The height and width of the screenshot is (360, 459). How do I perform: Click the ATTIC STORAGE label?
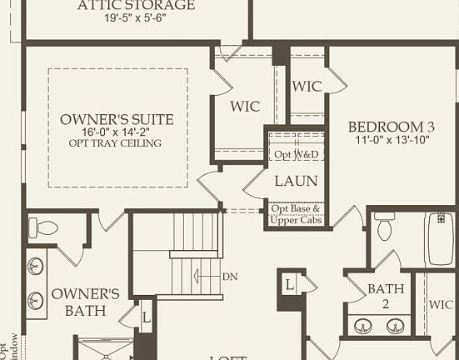click(136, 6)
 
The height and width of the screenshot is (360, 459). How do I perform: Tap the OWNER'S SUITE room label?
click(117, 119)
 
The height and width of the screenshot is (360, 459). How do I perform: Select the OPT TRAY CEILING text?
click(115, 143)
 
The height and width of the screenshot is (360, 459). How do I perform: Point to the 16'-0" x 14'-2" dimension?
click(117, 132)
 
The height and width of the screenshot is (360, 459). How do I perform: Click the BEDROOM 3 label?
click(392, 127)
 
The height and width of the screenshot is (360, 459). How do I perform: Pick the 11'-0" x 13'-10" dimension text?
click(392, 140)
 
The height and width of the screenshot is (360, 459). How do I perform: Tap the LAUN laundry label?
click(295, 180)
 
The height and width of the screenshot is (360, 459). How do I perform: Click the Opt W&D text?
click(296, 155)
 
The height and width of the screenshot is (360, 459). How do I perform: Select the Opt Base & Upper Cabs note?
click(296, 214)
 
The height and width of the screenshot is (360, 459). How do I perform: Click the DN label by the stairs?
click(231, 276)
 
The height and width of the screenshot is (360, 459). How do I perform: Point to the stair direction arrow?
click(203, 276)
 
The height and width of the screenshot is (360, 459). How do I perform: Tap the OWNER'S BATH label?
click(86, 302)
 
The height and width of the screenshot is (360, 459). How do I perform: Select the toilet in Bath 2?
click(385, 226)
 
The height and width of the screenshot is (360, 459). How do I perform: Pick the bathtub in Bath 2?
click(439, 239)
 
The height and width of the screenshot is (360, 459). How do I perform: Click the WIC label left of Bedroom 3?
click(307, 86)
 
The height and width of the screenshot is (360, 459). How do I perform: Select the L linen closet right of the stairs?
click(290, 285)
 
